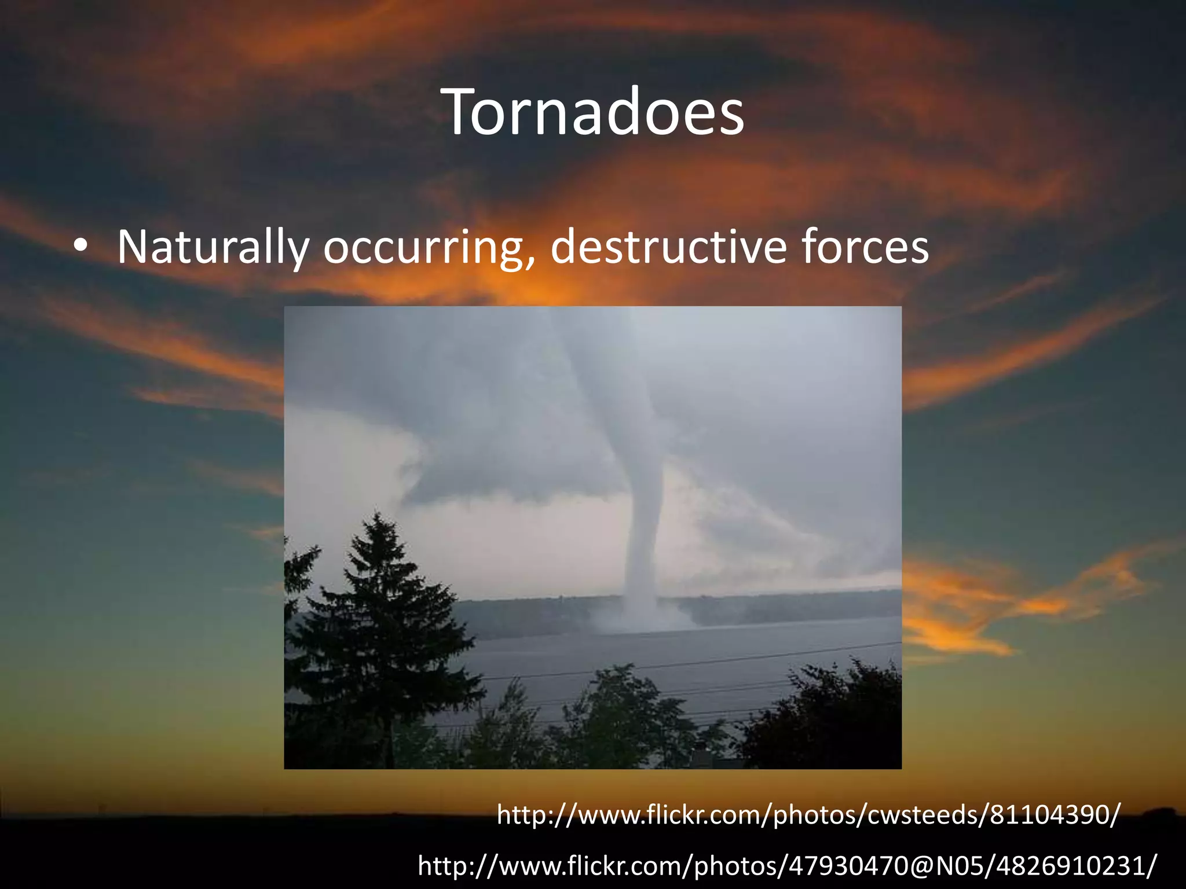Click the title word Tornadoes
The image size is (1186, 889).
595,112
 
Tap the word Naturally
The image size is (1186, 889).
213,248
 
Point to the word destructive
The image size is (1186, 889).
668,248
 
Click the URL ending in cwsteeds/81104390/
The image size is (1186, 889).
808,815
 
